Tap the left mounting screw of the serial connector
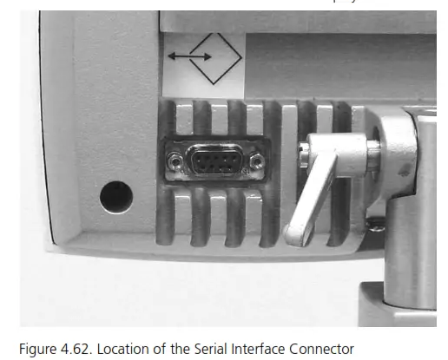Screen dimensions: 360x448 [x=176, y=160]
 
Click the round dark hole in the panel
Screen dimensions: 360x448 [x=115, y=198]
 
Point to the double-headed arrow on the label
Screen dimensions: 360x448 [x=188, y=57]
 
